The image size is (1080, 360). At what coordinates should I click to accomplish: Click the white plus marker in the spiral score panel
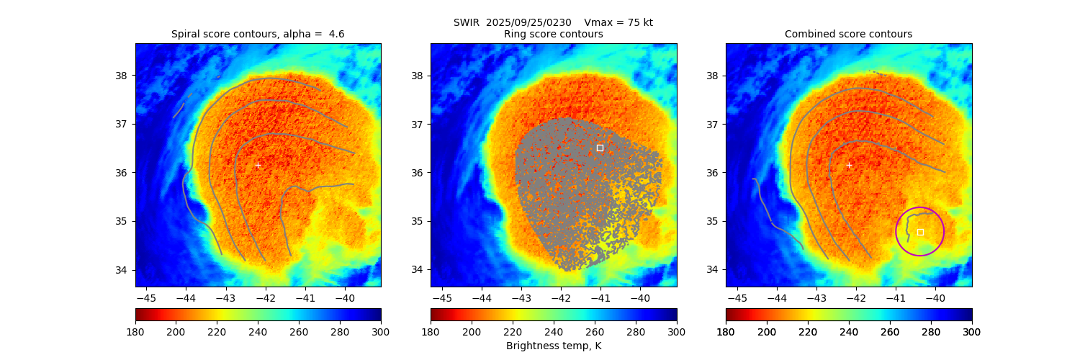258,165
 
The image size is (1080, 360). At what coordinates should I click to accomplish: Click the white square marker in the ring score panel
600,148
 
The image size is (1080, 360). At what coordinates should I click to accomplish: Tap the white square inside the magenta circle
920,232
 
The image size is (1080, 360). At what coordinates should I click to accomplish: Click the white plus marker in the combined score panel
849,165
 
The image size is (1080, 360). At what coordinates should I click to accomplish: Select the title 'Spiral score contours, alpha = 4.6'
258,34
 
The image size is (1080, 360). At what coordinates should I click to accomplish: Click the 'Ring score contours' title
553,34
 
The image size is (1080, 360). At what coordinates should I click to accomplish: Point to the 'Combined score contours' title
848,34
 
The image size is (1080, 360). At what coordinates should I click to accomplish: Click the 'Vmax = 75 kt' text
618,22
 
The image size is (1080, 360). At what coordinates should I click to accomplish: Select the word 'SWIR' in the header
467,22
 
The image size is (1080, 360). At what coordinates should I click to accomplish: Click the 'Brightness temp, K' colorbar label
553,346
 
